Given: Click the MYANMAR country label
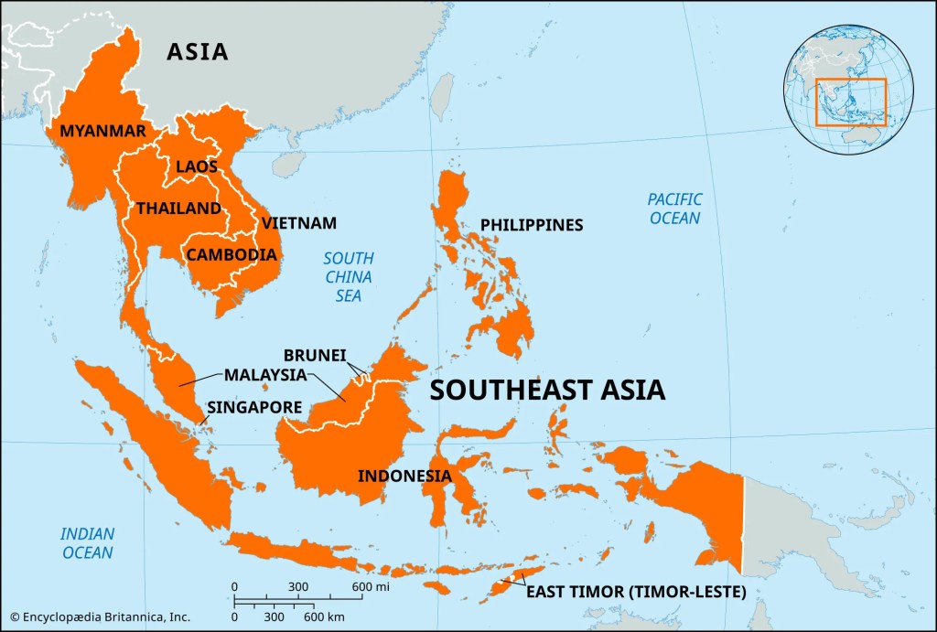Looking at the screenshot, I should pos(102,131).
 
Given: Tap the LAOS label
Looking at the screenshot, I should pos(197,166).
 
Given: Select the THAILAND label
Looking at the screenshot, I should pos(179,209).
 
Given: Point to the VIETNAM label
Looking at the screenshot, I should pos(299,223).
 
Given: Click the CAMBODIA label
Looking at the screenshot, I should pos(232,254).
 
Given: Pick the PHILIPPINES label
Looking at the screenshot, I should pos(532,225).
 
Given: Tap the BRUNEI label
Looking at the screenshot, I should pos(315,355).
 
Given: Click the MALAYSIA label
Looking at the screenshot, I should pos(265,375).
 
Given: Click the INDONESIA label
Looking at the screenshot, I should pos(404,476).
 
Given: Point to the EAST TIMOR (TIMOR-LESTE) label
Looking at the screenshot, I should pos(636,592).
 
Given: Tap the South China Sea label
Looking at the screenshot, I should pos(348,277).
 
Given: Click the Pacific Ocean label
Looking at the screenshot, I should pos(674,209).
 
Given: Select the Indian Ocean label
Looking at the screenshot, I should pos(87,543).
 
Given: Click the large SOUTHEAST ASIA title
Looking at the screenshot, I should pos(547,391).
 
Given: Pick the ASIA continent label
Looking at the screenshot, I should pos(197,51).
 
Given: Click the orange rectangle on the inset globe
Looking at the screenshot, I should pos(851,102).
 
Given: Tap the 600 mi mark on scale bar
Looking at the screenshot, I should pos(364,586).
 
